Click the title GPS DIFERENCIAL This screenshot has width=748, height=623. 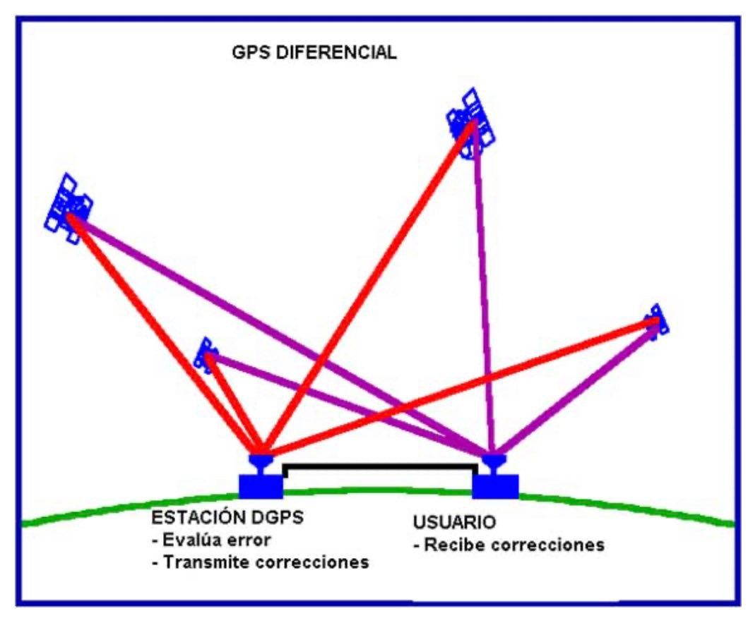click(x=314, y=52)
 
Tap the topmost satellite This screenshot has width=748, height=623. click(x=470, y=123)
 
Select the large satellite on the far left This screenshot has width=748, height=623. click(x=69, y=209)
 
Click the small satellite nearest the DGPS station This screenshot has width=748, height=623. click(x=206, y=355)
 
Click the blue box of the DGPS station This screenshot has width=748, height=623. click(x=261, y=486)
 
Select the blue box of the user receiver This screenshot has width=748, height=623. click(x=495, y=486)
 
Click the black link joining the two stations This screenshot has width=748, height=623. click(x=380, y=467)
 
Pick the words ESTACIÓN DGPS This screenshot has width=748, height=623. click(x=227, y=517)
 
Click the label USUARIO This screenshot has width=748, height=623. click(x=454, y=522)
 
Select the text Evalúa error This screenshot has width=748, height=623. click(x=211, y=540)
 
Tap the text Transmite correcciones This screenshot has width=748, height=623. click(x=261, y=562)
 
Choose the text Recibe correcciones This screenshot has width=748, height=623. click(x=509, y=545)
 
